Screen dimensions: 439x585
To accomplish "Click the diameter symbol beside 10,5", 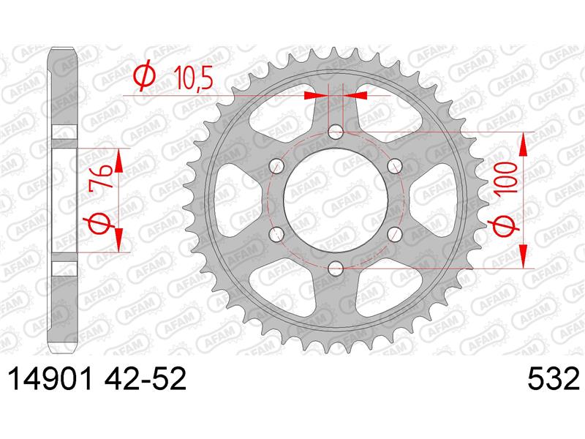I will click(x=145, y=76).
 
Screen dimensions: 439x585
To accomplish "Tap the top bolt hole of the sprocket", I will click(x=336, y=132).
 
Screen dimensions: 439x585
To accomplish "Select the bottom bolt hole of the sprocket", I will click(x=336, y=267).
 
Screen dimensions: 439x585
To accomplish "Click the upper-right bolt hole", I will click(x=394, y=166).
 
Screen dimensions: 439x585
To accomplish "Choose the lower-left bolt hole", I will click(x=277, y=233).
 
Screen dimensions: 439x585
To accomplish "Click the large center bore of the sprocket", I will click(x=336, y=200).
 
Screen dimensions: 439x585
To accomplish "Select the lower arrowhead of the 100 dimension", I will click(x=523, y=256).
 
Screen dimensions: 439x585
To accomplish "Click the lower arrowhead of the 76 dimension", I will click(x=116, y=242).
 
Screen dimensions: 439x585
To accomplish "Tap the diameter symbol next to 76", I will click(x=103, y=224).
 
